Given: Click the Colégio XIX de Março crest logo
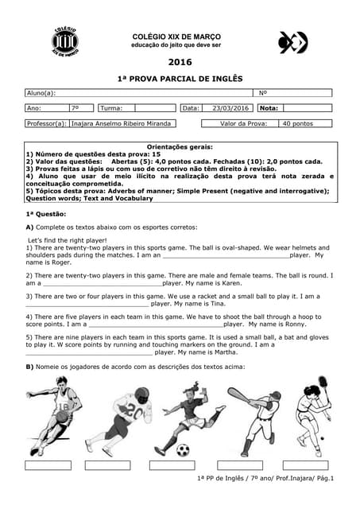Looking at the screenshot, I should pyautogui.click(x=65, y=41).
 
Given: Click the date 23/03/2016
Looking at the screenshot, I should pyautogui.click(x=230, y=108).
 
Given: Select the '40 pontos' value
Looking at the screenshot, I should pyautogui.click(x=298, y=124).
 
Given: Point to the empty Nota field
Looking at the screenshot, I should pyautogui.click(x=305, y=108).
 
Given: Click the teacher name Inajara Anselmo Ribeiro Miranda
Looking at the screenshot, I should pyautogui.click(x=122, y=124).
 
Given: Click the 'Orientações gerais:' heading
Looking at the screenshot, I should pyautogui.click(x=180, y=147).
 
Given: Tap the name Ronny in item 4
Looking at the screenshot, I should pyautogui.click(x=296, y=324).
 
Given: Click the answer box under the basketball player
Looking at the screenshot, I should pyautogui.click(x=48, y=464).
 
